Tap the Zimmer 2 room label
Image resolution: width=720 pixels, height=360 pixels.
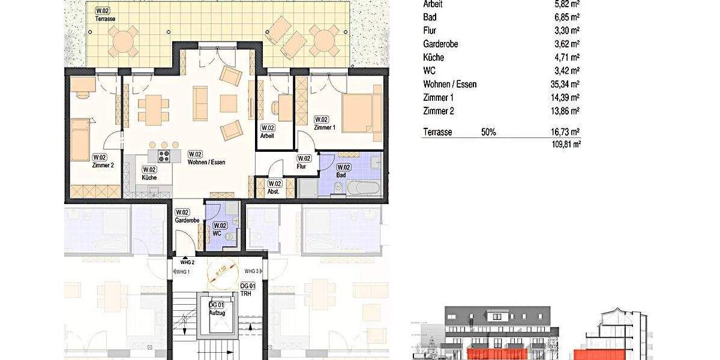coord(103,164)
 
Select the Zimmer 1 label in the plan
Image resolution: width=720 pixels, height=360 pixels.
coord(325,128)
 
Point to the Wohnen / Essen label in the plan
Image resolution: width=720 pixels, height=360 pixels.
coord(206,161)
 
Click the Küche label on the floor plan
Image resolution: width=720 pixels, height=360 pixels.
coord(149,178)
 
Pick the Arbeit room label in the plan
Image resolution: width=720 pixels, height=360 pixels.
coord(267,136)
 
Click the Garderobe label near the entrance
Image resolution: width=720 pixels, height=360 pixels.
coord(187,220)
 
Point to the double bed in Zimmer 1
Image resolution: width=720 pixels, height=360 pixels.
coord(361,113)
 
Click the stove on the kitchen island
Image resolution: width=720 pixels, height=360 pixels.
coord(165,156)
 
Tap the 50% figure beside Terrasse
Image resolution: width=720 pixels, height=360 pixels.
coord(488,132)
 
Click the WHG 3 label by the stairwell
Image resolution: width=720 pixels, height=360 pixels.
coord(251,271)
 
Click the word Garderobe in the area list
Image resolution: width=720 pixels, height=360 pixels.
coord(443,44)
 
